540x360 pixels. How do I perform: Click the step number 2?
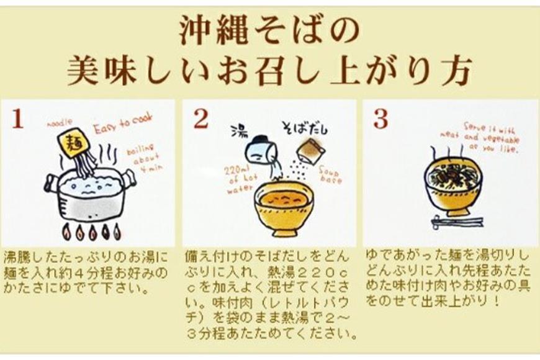point(200,119)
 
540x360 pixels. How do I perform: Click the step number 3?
point(380,119)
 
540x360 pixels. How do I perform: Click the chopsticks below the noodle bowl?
point(457,220)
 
